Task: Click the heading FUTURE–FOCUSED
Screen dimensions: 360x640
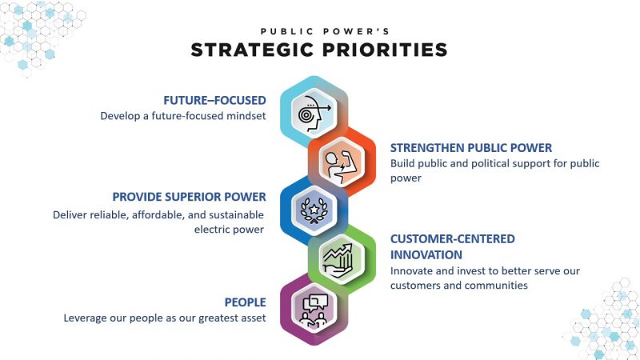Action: tap(214, 100)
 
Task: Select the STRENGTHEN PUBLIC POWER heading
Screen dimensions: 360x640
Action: tap(471, 148)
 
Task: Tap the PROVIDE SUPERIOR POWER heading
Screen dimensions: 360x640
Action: tap(189, 196)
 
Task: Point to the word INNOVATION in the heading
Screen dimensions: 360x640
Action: tap(426, 254)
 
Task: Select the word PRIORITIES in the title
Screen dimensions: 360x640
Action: tap(391, 50)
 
